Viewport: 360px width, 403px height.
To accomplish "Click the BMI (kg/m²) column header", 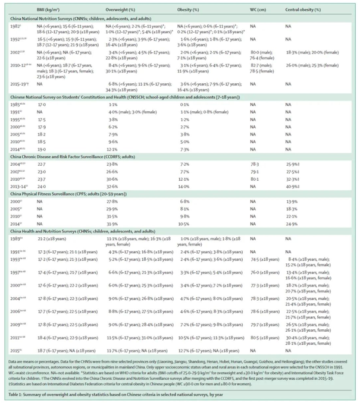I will pos(61,10).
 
